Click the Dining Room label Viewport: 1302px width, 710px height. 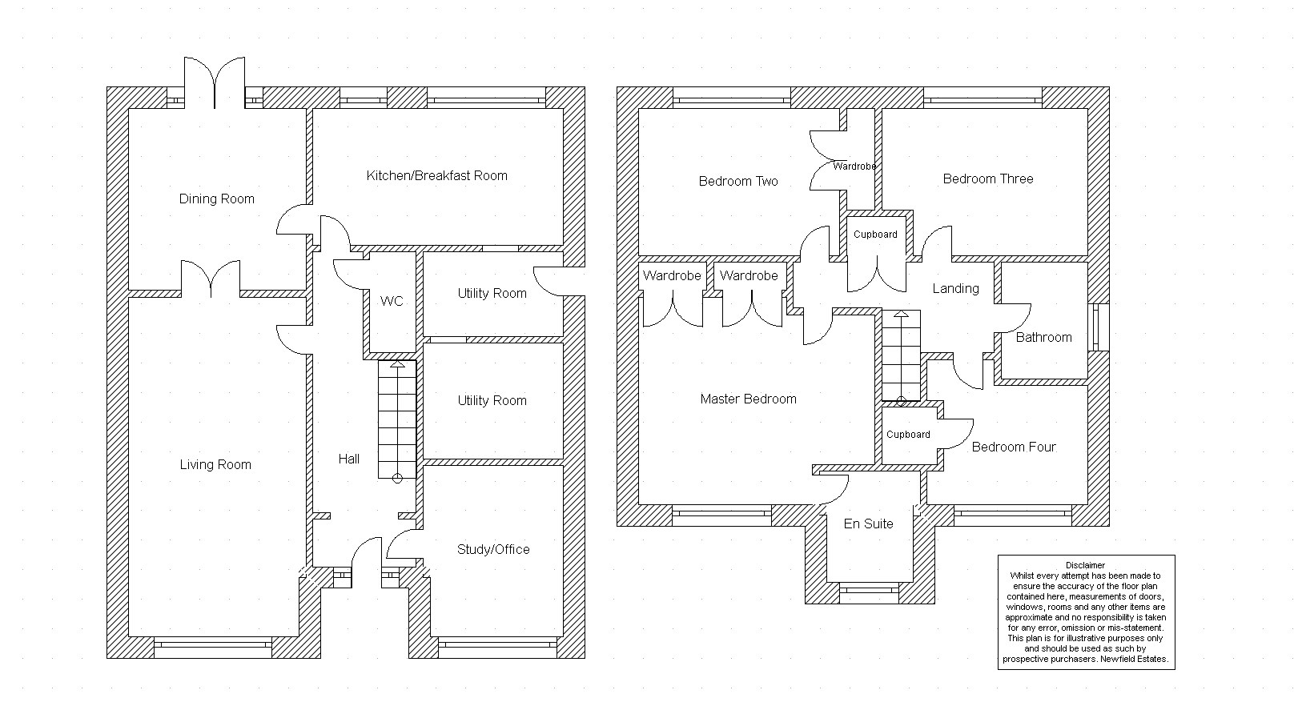[x=216, y=199]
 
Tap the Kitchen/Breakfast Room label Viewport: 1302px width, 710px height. [x=436, y=176]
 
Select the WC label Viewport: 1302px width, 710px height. [x=392, y=302]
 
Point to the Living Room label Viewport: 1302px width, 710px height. [x=215, y=465]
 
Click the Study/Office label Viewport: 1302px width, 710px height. [x=492, y=550]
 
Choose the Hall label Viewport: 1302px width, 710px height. [x=348, y=459]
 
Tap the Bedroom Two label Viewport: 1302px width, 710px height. [x=737, y=182]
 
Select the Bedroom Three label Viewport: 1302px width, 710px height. [x=987, y=179]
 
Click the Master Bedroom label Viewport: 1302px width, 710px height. [x=748, y=399]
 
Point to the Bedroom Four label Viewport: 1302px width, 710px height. [x=1013, y=447]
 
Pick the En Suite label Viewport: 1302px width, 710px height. [x=868, y=524]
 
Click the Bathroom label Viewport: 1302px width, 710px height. [x=1043, y=338]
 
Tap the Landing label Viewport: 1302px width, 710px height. [x=955, y=289]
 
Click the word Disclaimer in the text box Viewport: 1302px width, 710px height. [x=1085, y=566]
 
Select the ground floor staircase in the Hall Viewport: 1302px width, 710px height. [x=397, y=420]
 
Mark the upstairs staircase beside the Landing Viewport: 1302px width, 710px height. [x=901, y=356]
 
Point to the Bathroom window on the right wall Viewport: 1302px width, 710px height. [x=1099, y=327]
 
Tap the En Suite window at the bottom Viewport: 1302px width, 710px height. [x=869, y=592]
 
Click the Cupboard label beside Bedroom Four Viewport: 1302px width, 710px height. [x=908, y=435]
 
